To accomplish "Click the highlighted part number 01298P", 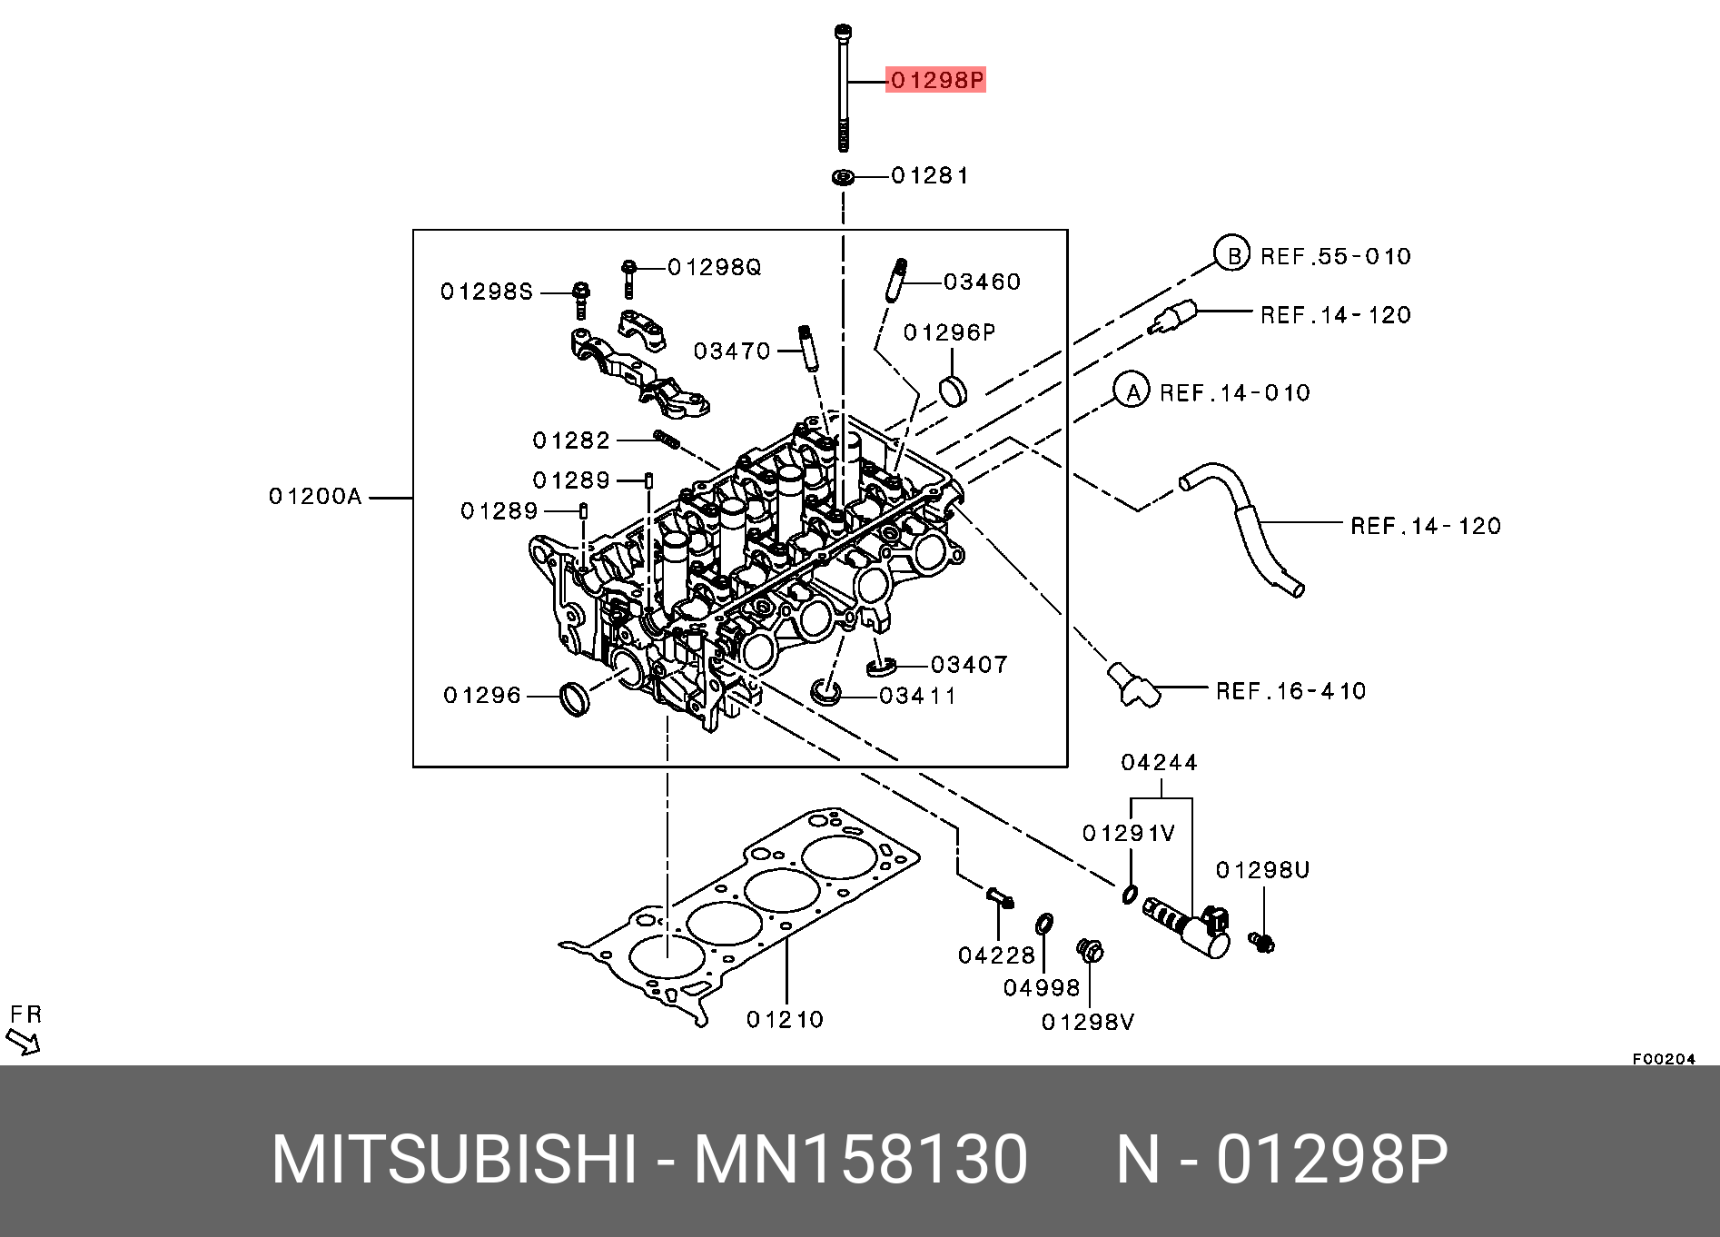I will pyautogui.click(x=936, y=80).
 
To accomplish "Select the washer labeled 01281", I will pyautogui.click(x=844, y=176).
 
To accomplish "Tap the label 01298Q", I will pyautogui.click(x=715, y=267).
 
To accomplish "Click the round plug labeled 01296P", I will pyautogui.click(x=953, y=391).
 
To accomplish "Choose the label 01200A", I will pyautogui.click(x=315, y=497).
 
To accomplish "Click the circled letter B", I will pyautogui.click(x=1233, y=256).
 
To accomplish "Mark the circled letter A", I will pyautogui.click(x=1132, y=392).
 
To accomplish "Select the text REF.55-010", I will pyautogui.click(x=1336, y=257).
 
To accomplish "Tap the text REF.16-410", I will pyautogui.click(x=1290, y=691).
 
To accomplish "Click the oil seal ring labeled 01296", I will pyautogui.click(x=574, y=698).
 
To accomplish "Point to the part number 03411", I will pyautogui.click(x=918, y=696).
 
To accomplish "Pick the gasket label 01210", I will pyautogui.click(x=785, y=1020).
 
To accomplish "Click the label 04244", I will pyautogui.click(x=1159, y=763).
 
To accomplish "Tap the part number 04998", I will pyautogui.click(x=1042, y=988).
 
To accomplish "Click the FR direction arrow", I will pyautogui.click(x=24, y=1041).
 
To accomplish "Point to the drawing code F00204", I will pyautogui.click(x=1664, y=1059).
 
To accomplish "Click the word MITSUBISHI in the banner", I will pyautogui.click(x=454, y=1160).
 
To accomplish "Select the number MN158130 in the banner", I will pyautogui.click(x=860, y=1160).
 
